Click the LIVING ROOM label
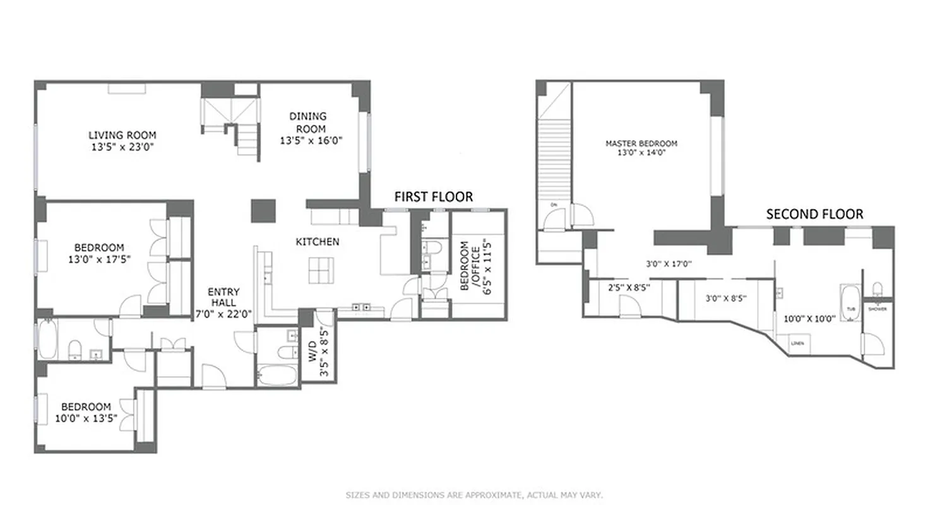coord(122,135)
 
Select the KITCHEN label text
coord(318,241)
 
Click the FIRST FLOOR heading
coord(433,197)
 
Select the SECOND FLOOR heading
coord(814,214)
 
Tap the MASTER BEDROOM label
coord(641,143)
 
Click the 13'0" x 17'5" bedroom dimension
coord(99,259)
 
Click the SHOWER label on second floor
coord(877,309)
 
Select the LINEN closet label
coord(797,343)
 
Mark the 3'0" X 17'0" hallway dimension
coord(669,264)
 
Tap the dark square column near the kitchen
coord(263,211)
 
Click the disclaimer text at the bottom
coord(473,495)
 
